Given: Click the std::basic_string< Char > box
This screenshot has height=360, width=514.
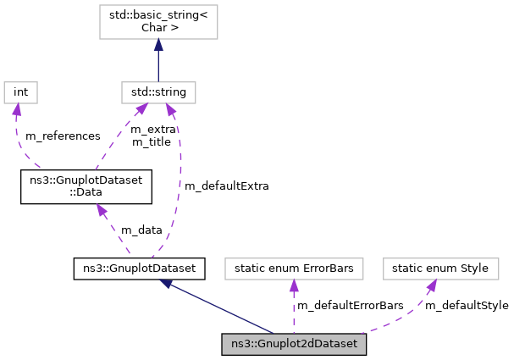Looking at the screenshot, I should tap(158, 20).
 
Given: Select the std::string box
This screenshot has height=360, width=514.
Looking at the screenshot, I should tap(158, 91).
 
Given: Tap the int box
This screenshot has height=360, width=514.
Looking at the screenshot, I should tap(21, 91).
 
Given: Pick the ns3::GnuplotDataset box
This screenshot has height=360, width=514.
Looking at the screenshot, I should tap(140, 269).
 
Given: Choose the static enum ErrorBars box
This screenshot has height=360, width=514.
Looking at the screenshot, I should tap(293, 269).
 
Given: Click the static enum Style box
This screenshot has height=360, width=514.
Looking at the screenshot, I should tap(439, 269).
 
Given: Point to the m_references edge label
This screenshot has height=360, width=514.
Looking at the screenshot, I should tap(63, 136).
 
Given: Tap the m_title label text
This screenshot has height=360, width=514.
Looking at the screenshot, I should tap(151, 141).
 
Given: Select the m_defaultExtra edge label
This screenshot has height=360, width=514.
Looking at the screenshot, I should tap(226, 186).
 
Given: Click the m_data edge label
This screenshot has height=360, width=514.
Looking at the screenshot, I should tap(141, 230).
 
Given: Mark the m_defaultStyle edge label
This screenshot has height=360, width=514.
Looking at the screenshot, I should tap(467, 305).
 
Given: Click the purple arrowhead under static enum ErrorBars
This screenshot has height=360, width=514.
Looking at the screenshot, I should tap(293, 288).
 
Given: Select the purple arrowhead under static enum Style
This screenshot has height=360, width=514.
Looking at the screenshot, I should tap(430, 288).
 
